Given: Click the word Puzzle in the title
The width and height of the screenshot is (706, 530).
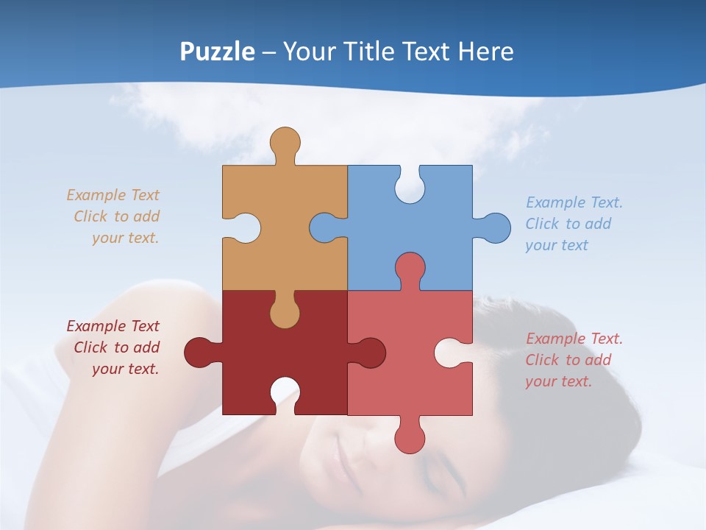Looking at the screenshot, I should click(x=218, y=52).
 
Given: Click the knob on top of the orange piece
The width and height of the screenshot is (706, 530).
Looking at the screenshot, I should click(x=285, y=142).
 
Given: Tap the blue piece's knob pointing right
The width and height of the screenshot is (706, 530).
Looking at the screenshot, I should click(x=494, y=227).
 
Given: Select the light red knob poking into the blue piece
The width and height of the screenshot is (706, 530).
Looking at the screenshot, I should click(x=410, y=268).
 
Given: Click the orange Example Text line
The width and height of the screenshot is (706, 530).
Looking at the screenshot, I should click(x=113, y=195).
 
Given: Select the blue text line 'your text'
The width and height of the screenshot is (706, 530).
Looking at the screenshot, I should click(x=557, y=245).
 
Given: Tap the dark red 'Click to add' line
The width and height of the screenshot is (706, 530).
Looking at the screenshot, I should click(x=116, y=347).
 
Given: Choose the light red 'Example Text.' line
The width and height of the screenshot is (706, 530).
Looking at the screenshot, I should click(x=574, y=339).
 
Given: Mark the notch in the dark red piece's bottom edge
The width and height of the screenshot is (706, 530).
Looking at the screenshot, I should click(x=285, y=394).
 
